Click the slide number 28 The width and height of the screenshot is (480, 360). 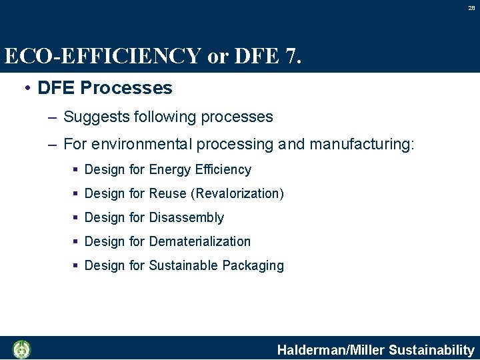click(471, 8)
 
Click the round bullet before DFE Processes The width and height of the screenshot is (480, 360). click(25, 88)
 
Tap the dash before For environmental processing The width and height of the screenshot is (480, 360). click(52, 144)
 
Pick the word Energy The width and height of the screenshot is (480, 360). click(169, 170)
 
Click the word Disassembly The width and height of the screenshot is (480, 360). click(187, 218)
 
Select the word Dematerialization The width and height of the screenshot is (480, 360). click(200, 241)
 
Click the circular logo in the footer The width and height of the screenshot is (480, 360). click(22, 349)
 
